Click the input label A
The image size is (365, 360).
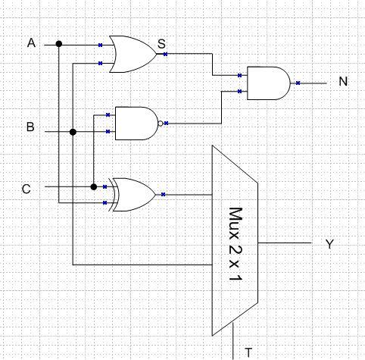tap(32, 43)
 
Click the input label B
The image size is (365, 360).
tap(30, 127)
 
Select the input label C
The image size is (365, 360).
tap(27, 189)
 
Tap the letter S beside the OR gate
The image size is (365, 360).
tap(161, 45)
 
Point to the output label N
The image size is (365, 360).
tap(343, 81)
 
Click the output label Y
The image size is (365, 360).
tap(329, 244)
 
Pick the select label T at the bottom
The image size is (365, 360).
tap(248, 352)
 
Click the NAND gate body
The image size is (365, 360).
tap(135, 124)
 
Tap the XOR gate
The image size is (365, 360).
tap(135, 195)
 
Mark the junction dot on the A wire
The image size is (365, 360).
tap(59, 44)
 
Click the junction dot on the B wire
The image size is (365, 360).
tap(73, 132)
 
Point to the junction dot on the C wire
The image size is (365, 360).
tap(94, 186)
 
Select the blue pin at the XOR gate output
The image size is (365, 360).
tap(164, 195)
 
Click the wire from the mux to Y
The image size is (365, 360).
tap(284, 243)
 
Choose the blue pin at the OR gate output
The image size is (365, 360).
tap(165, 54)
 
